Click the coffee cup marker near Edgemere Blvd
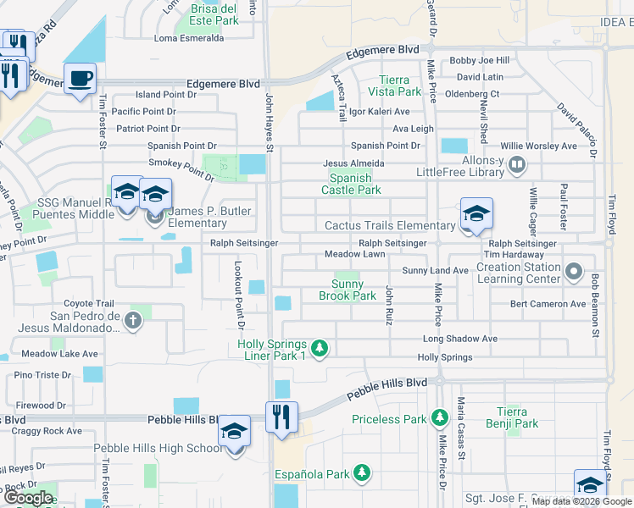pos(80,79)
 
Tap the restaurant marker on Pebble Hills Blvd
pos(281,417)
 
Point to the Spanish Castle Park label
pos(350,184)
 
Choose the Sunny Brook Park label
pos(348,290)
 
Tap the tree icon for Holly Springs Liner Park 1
pos(320,347)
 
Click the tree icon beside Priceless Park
pos(439,417)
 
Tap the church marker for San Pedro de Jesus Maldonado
pos(132,320)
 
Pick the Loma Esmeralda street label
pos(189,38)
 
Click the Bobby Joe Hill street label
pos(479,60)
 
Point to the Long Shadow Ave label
pos(459,339)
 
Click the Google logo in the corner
pos(29,498)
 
